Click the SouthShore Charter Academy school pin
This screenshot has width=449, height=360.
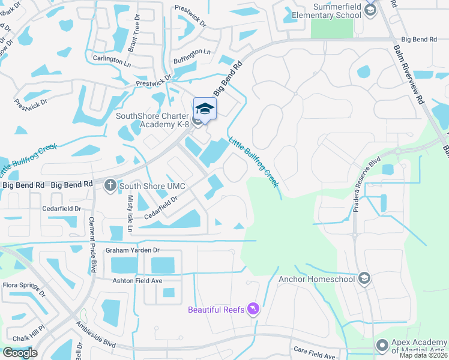click(x=205, y=109)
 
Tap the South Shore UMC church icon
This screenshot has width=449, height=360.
click(x=110, y=185)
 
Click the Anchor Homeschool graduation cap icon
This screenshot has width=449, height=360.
click(x=364, y=278)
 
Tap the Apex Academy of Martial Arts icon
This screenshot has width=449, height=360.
click(x=382, y=345)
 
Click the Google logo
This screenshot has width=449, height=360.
click(x=20, y=353)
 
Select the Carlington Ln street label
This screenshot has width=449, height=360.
click(x=112, y=62)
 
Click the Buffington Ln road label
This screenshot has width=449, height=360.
click(x=192, y=52)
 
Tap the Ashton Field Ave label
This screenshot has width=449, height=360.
click(x=138, y=280)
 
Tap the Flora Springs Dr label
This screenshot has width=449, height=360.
click(x=24, y=290)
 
